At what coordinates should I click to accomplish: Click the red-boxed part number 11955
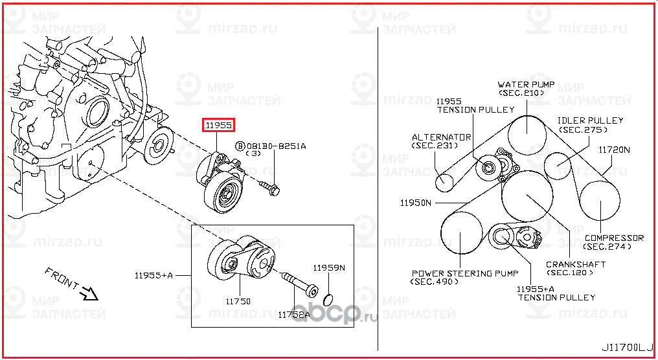coord(218,124)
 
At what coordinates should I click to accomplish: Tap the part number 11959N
coord(329,267)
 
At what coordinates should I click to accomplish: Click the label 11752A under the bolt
coord(295,314)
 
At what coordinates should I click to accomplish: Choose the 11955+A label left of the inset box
coord(153,276)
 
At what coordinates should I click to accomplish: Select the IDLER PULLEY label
coord(590,120)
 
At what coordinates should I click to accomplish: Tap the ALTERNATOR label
coord(440,137)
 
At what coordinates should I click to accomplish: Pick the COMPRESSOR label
coord(613,238)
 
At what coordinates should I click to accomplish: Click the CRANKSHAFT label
coord(575,264)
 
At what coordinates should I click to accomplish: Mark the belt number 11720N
coord(613,150)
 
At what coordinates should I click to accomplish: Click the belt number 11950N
coord(415,203)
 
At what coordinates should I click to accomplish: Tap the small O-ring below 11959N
coord(328,298)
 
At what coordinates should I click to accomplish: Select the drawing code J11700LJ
coord(626,347)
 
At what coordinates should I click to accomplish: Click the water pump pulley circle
coord(526,132)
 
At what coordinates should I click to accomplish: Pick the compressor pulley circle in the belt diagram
coord(600,201)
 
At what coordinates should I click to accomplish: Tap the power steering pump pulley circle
coord(462,233)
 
